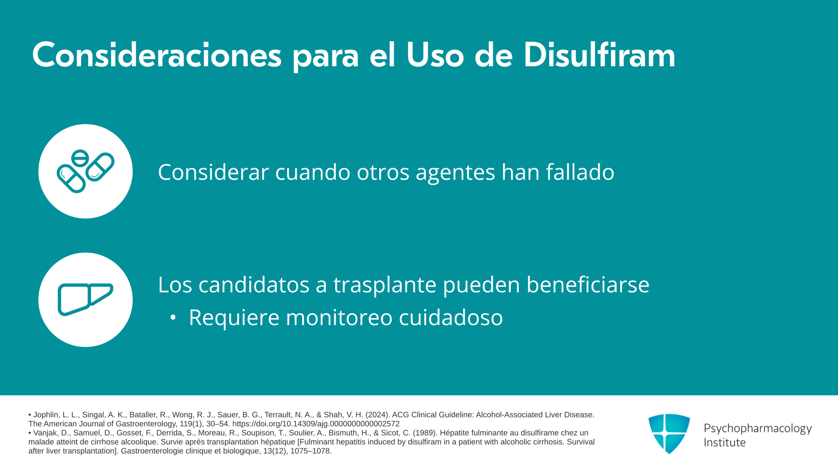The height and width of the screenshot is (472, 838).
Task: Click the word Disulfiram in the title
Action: [x=599, y=55]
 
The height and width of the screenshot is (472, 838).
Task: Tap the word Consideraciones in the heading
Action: [x=157, y=55]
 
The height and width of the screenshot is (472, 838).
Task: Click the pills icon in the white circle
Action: [x=86, y=171]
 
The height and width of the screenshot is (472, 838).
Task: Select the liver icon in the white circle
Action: [x=86, y=299]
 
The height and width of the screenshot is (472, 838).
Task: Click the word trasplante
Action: [x=385, y=285]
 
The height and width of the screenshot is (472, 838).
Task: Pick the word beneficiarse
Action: [x=588, y=284]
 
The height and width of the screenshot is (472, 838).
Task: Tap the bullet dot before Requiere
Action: [x=173, y=318]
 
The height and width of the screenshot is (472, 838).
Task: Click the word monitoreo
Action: [x=339, y=317]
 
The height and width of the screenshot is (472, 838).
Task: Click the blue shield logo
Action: [x=669, y=434]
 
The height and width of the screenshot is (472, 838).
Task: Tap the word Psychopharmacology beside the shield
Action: [x=758, y=428]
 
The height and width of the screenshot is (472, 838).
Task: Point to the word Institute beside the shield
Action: [x=725, y=442]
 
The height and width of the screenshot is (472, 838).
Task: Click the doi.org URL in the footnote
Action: [x=316, y=424]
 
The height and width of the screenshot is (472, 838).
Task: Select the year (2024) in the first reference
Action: [x=378, y=415]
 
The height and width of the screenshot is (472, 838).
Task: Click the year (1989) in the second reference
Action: [x=426, y=433]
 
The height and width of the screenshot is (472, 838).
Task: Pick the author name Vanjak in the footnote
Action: [x=45, y=433]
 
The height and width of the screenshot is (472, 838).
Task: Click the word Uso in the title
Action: [x=435, y=55]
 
